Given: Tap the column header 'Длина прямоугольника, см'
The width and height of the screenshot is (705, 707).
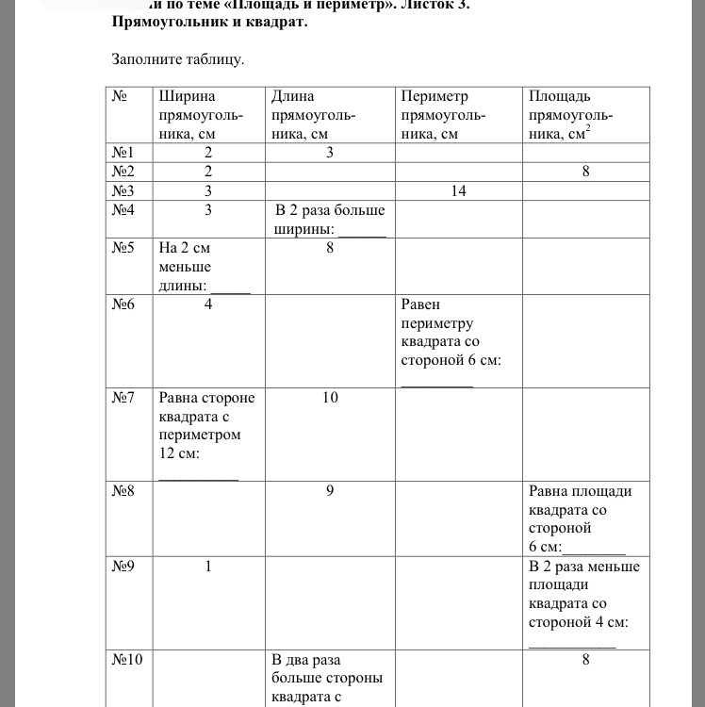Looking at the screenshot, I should [x=313, y=115].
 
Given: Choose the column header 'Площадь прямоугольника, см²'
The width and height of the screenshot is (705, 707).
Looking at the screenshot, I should [x=571, y=115].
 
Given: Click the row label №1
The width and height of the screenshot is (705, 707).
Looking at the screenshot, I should [x=124, y=153].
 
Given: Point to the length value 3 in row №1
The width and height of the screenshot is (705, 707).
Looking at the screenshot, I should [x=330, y=153].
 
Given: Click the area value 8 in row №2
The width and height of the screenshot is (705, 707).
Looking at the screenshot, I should [x=585, y=172].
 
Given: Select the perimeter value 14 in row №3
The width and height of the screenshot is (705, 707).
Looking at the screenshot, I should [x=458, y=190].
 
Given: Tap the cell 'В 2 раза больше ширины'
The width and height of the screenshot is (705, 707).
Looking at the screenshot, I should [x=329, y=219].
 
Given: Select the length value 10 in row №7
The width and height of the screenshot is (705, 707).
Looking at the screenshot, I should [x=330, y=398].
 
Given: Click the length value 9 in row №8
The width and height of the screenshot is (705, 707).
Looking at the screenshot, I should [x=330, y=491].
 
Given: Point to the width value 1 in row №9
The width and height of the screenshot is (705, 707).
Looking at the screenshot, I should [x=207, y=567].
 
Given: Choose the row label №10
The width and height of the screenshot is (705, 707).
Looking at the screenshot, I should [x=127, y=660].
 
